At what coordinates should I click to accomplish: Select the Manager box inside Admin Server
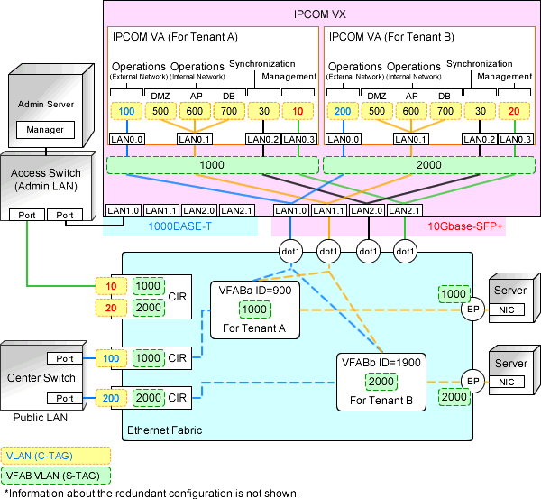(45, 130)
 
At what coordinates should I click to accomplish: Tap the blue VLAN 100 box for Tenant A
(126, 110)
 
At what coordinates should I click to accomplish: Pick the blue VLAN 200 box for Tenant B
(342, 110)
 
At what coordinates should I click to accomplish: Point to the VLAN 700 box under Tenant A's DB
(228, 110)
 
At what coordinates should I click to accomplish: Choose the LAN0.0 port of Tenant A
(124, 139)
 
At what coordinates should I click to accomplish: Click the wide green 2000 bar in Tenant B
(428, 166)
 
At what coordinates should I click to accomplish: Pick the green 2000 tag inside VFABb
(381, 381)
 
